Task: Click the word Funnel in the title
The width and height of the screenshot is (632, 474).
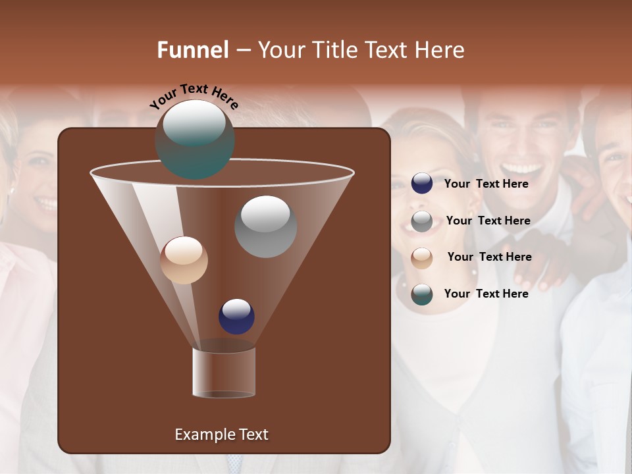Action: pos(192,50)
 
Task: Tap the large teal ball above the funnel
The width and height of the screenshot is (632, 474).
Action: pos(195,139)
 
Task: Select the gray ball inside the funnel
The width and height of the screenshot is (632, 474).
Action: pos(265,226)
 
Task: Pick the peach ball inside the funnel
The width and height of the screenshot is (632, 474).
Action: pos(184,260)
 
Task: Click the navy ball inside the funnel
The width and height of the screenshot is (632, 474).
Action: pos(236,317)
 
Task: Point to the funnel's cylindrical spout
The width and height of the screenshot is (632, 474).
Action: pos(224,372)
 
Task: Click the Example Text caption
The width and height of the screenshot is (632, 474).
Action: pos(221,434)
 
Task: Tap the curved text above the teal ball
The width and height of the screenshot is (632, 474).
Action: pos(194,96)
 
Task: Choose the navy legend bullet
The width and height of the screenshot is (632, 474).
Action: pos(422,184)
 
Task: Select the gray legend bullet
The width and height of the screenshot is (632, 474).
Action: pos(422,221)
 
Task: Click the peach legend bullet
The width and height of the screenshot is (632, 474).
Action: pos(422,257)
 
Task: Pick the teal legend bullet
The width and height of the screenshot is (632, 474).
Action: pos(422,294)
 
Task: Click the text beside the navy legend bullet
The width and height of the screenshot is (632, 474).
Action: pos(486,184)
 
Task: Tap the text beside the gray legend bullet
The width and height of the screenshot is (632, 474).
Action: pos(488,221)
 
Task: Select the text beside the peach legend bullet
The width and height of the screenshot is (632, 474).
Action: pos(489,257)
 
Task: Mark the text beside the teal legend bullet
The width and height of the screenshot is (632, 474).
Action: pos(486,294)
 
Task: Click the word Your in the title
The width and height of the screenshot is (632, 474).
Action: pos(280,50)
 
